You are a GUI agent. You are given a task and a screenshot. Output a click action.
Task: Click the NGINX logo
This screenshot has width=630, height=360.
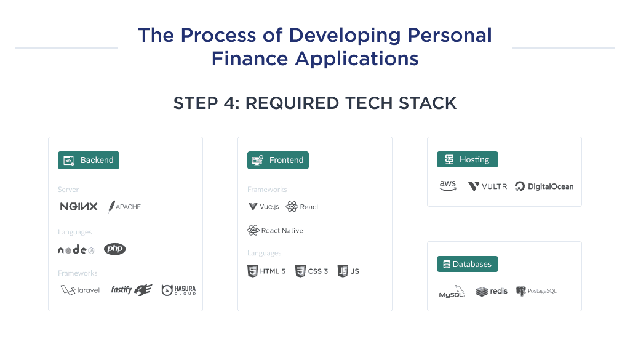tap(78, 207)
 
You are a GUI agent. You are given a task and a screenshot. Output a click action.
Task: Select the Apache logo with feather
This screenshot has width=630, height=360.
tap(125, 207)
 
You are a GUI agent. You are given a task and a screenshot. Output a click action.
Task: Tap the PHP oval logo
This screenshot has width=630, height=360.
tap(114, 249)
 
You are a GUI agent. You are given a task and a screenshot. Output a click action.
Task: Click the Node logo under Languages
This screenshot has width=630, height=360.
tap(76, 250)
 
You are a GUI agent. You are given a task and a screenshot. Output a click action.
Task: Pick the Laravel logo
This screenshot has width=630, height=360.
tap(80, 290)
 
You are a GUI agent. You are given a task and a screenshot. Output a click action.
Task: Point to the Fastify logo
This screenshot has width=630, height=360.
tap(131, 290)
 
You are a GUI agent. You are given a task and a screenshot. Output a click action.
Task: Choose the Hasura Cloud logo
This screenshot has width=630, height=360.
tap(178, 290)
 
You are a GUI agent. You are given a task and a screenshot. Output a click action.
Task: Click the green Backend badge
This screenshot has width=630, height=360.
tap(89, 160)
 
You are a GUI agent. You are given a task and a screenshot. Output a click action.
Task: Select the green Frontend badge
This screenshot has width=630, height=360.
tap(278, 160)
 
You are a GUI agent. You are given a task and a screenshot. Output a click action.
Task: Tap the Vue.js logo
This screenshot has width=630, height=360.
tap(263, 207)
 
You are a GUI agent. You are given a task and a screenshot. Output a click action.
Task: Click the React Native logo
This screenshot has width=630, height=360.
tap(275, 231)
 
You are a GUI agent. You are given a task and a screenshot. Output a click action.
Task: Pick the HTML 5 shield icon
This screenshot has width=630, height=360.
tap(252, 271)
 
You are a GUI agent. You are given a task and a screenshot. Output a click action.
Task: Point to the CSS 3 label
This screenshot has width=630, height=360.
tap(318, 271)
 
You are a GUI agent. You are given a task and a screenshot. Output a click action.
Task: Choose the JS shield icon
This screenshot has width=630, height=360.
tap(343, 271)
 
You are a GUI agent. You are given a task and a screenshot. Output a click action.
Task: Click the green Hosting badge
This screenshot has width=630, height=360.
tap(468, 160)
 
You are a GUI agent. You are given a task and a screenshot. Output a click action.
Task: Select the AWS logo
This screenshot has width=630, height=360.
tap(448, 186)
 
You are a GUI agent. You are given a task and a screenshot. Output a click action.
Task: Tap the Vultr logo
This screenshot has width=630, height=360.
tap(487, 186)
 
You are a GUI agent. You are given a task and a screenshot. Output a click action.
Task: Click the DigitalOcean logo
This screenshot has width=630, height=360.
tap(544, 186)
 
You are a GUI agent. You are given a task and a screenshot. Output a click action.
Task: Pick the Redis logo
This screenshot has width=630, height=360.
tap(492, 291)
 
